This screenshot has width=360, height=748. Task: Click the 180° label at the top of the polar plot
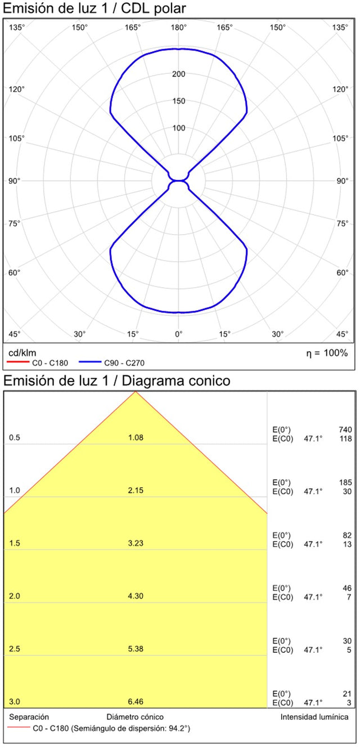[x=179, y=27]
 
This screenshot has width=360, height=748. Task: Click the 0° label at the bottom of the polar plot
[x=179, y=334]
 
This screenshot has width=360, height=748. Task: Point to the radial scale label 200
[x=179, y=74]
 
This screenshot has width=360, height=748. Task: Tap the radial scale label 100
[x=179, y=128]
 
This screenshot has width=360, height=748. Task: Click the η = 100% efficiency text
[x=327, y=353]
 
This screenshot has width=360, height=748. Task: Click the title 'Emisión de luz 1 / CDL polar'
[x=94, y=8]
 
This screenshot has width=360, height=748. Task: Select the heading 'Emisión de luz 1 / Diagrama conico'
[x=116, y=380]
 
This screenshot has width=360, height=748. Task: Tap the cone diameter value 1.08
[x=136, y=437]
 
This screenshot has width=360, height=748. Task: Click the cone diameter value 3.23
[x=136, y=543]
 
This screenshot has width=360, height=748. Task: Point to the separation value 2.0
[x=15, y=596]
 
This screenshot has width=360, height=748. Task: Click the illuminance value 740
[x=345, y=429]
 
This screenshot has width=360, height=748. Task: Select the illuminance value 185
[x=345, y=482]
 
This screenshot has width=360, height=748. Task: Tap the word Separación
[x=29, y=717]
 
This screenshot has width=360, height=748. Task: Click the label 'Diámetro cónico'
[x=135, y=717]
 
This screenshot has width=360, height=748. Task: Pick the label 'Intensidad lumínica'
[x=314, y=717]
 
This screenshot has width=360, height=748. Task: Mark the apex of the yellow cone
[x=135, y=391]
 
